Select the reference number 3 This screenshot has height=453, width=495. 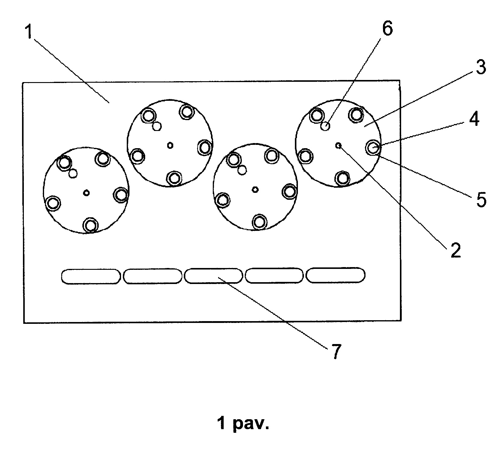[481, 68]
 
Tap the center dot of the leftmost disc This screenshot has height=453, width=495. [87, 193]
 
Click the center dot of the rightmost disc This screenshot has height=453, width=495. [339, 145]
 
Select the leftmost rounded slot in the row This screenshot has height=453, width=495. [91, 276]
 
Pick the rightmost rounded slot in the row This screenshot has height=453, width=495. [335, 275]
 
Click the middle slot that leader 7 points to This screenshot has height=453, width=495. [213, 276]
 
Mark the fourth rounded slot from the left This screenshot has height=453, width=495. [274, 275]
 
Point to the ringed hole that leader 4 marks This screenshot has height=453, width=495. [373, 148]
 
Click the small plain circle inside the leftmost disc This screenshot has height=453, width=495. [73, 173]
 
